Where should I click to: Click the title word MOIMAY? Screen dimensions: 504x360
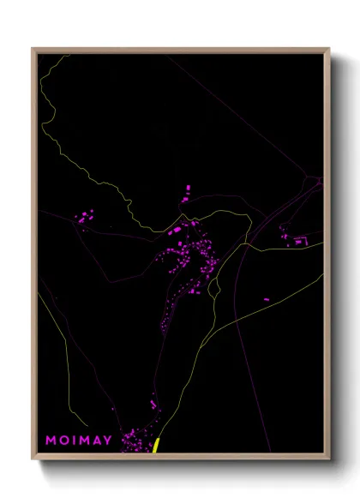(79, 441)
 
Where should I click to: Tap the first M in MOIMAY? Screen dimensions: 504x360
(51, 441)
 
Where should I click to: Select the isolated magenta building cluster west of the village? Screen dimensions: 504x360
(85, 218)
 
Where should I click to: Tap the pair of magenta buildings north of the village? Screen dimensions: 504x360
(186, 192)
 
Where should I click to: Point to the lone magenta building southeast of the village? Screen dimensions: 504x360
(266, 298)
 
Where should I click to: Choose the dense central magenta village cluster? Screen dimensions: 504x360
(189, 257)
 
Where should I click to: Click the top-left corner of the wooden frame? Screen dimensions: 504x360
(33, 50)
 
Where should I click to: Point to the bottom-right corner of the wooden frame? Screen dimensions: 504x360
(328, 459)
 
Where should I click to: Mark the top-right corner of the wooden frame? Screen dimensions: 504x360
(328, 50)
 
